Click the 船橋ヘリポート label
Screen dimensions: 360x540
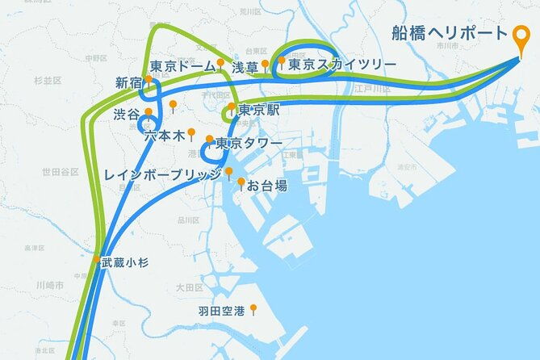(x=449, y=34)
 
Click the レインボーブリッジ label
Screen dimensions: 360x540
(x=162, y=174)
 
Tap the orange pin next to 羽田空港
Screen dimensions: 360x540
(x=253, y=308)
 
